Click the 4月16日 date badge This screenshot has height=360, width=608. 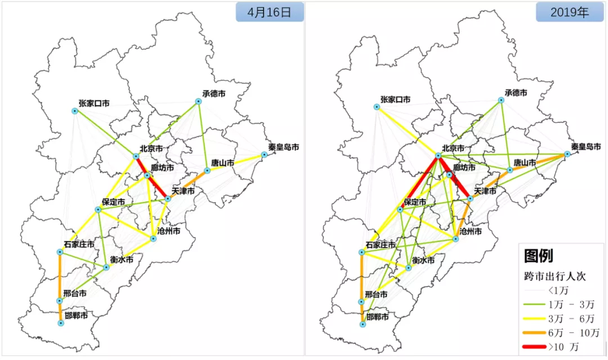click(x=270, y=12)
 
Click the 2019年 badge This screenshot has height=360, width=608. click(x=570, y=12)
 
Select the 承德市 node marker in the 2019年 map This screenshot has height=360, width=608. click(x=501, y=100)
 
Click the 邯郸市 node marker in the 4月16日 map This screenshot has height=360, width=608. click(x=61, y=323)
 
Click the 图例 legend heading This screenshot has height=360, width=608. click(x=538, y=256)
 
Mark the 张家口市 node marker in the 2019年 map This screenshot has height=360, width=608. click(x=377, y=106)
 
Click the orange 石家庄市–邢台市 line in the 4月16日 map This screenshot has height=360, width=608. click(x=60, y=276)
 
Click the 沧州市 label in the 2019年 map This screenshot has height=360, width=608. click(x=470, y=231)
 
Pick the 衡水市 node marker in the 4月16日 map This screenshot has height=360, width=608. click(x=106, y=267)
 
